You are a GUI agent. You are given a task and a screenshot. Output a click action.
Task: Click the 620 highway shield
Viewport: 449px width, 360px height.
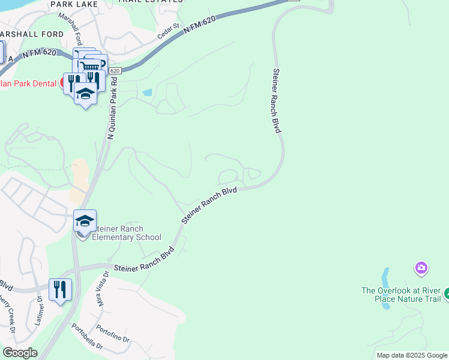point(116,71)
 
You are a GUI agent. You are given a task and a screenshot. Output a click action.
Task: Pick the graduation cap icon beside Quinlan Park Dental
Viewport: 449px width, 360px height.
point(86,94)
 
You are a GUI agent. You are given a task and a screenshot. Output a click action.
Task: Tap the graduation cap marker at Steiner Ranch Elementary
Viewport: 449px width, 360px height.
point(85,221)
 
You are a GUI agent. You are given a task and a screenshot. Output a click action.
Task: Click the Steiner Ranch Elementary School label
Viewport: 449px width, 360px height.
point(122,233)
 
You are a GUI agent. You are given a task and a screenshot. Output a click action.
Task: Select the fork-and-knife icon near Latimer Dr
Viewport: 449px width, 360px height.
point(60,289)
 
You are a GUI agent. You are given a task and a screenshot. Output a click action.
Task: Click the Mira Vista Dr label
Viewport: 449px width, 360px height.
point(102,288)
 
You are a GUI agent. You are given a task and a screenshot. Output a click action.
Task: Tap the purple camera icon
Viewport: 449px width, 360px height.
point(421,267)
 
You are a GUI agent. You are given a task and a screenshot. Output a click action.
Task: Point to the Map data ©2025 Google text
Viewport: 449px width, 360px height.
point(412,355)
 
